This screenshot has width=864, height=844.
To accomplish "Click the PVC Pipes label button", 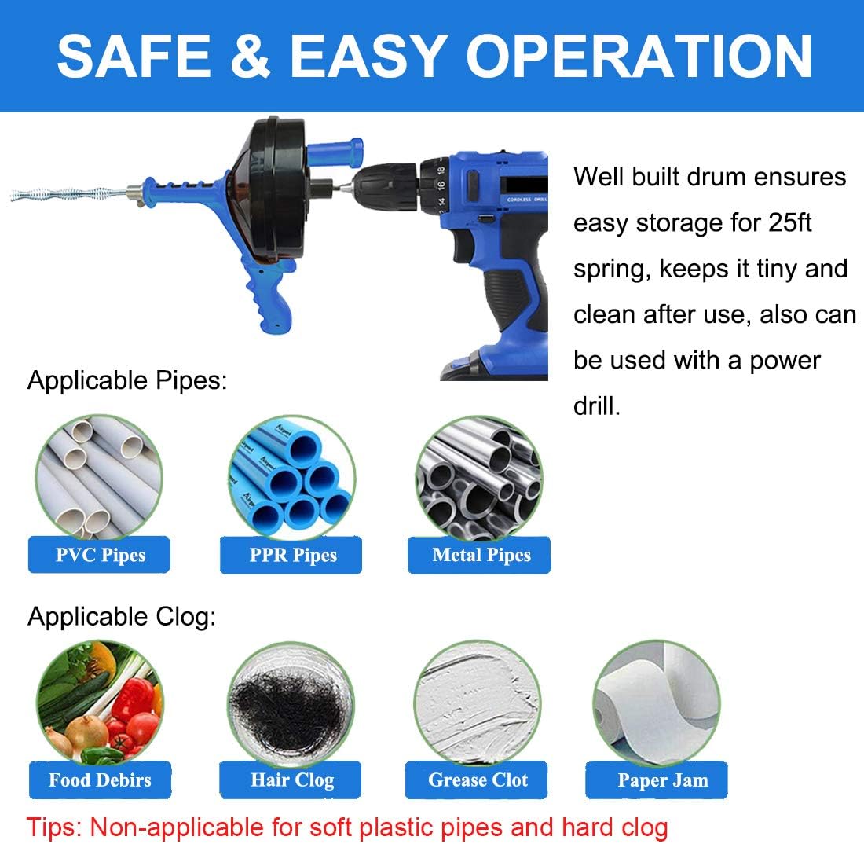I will click(101, 555).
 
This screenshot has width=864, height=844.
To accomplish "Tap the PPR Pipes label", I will click(292, 556).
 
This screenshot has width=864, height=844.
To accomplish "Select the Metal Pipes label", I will click(481, 555).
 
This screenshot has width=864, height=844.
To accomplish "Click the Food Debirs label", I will click(100, 780).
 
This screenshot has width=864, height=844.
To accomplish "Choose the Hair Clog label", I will click(292, 780).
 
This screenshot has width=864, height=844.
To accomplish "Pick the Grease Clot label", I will click(478, 780).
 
